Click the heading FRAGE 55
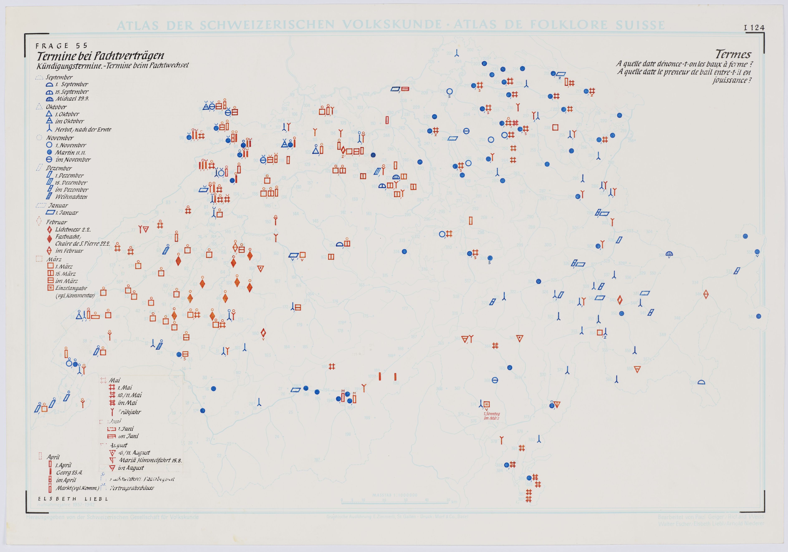click(x=62, y=46)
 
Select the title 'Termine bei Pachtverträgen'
click(x=100, y=55)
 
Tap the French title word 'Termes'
click(x=733, y=54)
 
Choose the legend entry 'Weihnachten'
click(x=71, y=197)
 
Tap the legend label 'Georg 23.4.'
click(x=69, y=473)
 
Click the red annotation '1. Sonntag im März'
click(x=491, y=416)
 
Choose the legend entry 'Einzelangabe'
click(x=71, y=288)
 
